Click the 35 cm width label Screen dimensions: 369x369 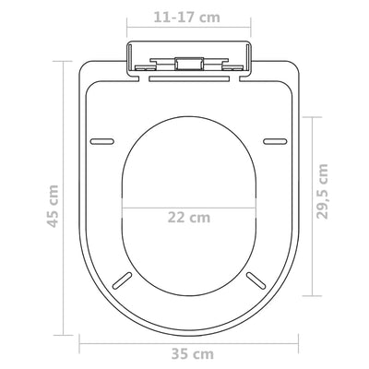[x=193, y=352]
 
